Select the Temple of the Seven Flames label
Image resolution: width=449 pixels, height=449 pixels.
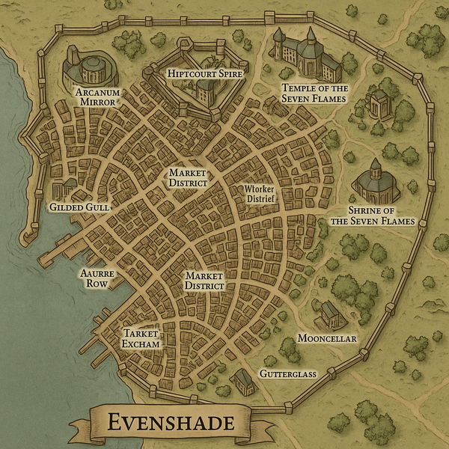[314, 94]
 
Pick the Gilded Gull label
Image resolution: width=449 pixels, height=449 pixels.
[79, 206]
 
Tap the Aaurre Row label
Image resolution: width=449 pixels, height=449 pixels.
[97, 279]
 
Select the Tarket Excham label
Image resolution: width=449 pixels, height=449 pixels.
[141, 338]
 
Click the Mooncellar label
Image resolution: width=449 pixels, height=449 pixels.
[327, 338]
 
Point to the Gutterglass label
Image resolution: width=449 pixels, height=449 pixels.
[288, 373]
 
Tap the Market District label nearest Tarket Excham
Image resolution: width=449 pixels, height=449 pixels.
[205, 281]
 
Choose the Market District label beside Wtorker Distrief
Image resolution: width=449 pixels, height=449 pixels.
[187, 178]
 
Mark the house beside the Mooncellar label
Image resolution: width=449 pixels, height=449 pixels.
[328, 314]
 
